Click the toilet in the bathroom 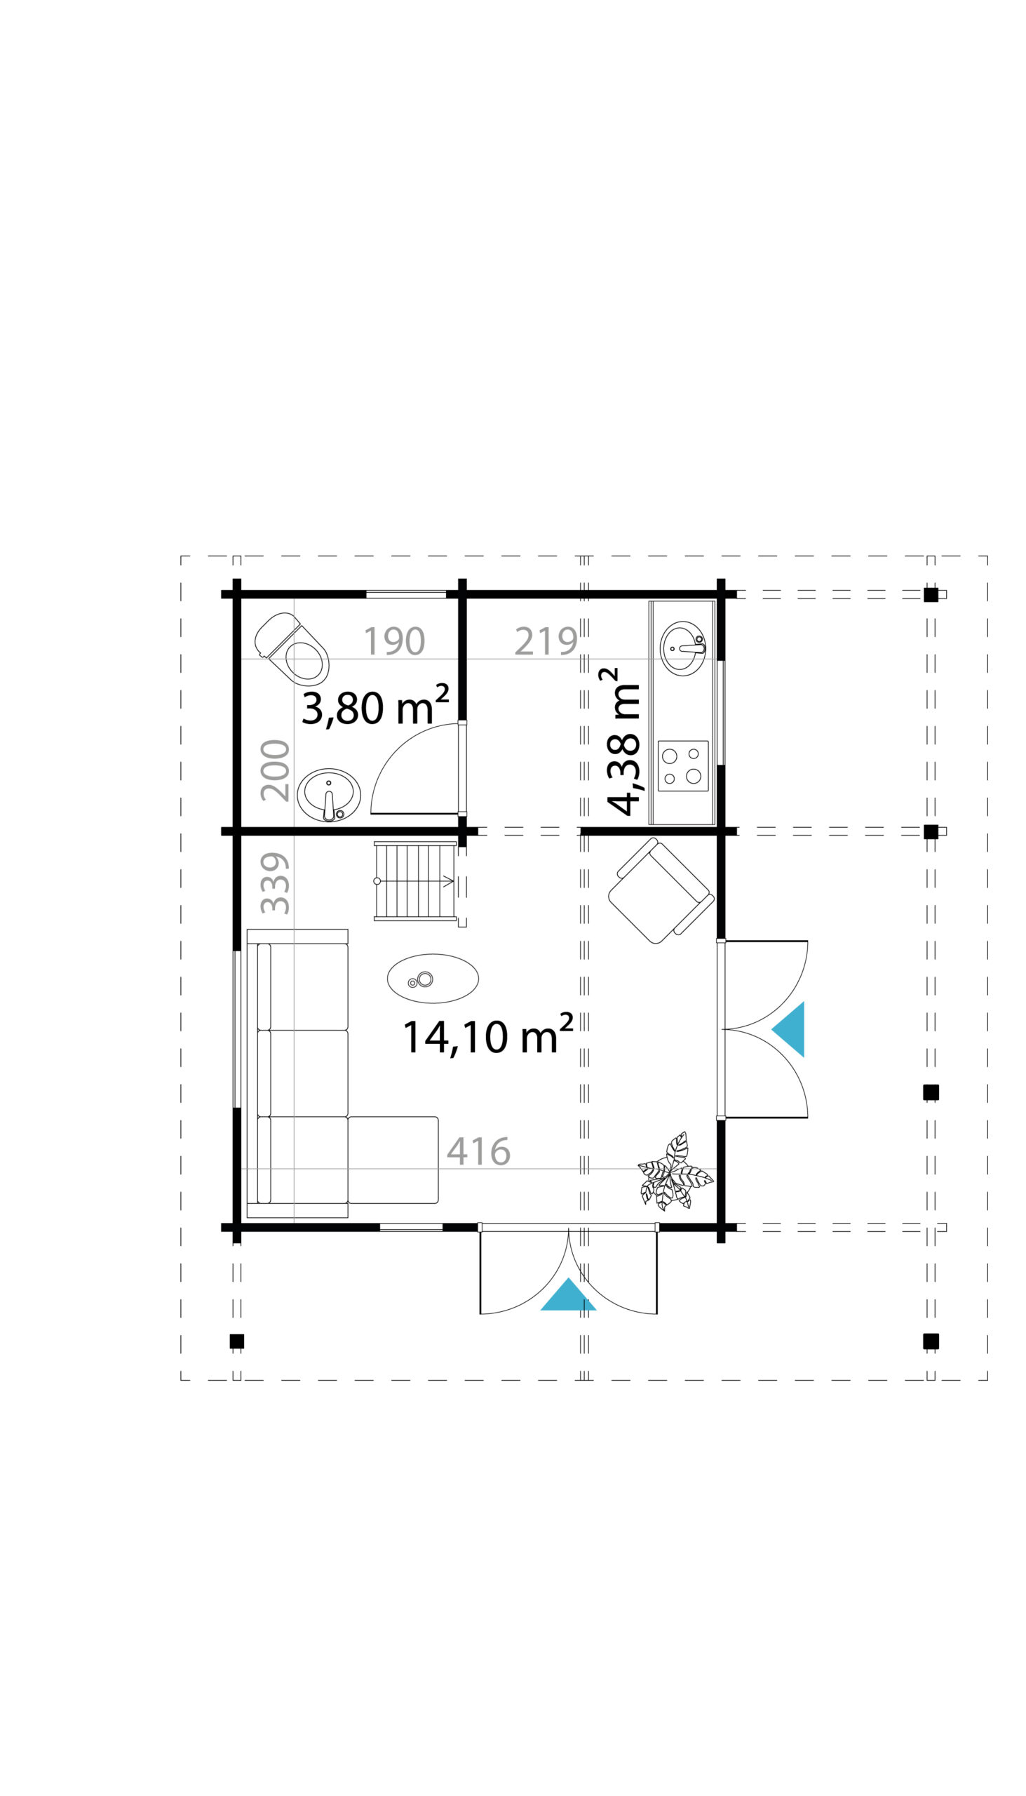click(292, 649)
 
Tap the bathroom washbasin click(328, 795)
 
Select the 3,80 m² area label click(375, 706)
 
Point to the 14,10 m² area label click(487, 1034)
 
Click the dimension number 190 click(394, 641)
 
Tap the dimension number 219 click(546, 641)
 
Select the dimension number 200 click(275, 770)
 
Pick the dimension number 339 click(275, 883)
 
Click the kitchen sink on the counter click(683, 648)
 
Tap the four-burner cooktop click(683, 766)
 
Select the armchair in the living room click(661, 890)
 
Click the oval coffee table click(433, 979)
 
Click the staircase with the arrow click(415, 881)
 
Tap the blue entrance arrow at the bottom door click(568, 1296)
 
